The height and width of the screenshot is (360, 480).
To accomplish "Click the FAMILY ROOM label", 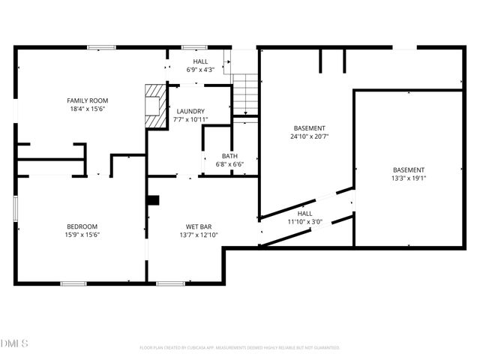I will click(88, 100).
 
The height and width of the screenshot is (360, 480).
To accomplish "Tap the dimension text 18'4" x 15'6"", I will click(88, 109).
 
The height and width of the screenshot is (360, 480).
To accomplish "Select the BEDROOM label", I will click(82, 226).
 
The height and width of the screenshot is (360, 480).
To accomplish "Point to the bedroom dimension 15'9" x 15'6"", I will click(82, 235).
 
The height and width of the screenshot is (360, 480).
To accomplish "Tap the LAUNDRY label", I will click(190, 111).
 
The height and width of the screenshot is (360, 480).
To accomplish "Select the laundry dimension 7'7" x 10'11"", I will click(190, 119).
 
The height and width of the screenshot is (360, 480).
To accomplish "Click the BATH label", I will click(229, 156).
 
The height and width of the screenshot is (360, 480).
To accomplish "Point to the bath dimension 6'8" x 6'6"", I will click(229, 164).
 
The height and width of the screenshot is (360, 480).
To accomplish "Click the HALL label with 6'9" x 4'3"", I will click(200, 61).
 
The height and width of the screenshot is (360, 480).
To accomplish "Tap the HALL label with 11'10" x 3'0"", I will click(304, 213).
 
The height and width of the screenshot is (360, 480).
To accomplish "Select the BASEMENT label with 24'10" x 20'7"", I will click(310, 128).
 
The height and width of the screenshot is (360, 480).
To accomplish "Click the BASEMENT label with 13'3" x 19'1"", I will click(408, 170).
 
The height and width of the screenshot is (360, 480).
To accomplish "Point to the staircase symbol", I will click(245, 94).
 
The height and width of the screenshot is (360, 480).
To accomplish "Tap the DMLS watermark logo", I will click(14, 343).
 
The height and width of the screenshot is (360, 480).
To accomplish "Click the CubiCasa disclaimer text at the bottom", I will click(240, 348).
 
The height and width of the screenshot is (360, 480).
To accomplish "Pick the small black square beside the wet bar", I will click(154, 200).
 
